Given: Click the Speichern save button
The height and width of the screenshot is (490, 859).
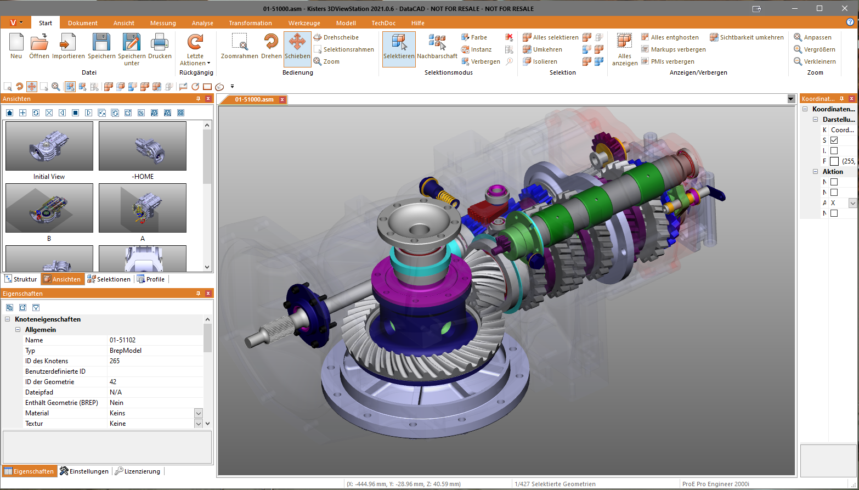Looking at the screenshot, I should (101, 46).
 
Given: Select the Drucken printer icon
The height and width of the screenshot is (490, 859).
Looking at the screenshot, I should (160, 46).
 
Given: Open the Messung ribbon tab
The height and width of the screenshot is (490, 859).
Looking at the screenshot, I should (163, 23).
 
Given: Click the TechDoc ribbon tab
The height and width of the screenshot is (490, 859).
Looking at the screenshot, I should (383, 23).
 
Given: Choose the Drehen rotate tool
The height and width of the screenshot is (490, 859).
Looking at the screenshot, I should (271, 46).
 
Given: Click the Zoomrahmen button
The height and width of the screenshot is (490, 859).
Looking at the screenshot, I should (240, 46).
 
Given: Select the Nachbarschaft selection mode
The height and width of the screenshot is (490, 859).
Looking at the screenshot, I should (437, 46).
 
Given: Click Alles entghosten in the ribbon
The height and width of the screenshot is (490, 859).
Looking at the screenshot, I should (674, 37).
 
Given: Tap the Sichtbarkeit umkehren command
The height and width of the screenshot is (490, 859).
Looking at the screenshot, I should (751, 37).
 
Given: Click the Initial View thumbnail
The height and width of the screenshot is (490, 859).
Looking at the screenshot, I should (49, 146).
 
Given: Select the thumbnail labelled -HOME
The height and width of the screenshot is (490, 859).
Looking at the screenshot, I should (143, 146).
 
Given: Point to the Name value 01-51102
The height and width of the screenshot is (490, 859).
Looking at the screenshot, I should (122, 340).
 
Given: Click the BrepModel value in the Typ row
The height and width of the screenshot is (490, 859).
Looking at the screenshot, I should (126, 351).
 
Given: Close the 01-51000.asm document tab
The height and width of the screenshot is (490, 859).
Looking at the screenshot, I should (282, 100).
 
